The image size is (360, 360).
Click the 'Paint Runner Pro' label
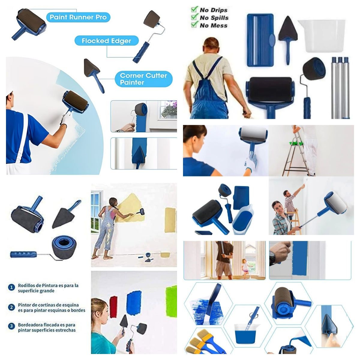tap(78, 17)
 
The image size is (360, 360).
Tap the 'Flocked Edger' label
tap(106, 41)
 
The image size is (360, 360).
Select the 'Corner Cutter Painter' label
tap(143, 79)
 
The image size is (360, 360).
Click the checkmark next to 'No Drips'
tap(194, 10)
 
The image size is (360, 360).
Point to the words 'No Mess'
tap(214, 25)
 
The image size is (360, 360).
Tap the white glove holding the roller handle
tap(251, 163)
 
